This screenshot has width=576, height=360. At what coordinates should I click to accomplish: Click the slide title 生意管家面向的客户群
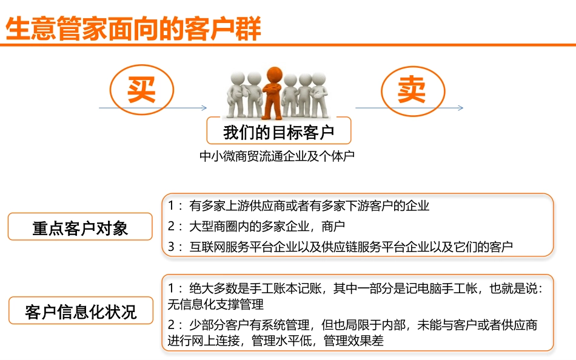point(133,29)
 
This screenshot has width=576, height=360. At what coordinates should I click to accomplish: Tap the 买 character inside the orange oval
point(141,90)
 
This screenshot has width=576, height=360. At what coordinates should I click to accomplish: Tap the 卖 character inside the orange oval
point(412,90)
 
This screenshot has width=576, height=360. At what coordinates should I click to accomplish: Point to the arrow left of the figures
point(153,108)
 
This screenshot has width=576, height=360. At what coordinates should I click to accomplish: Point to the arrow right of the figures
point(409,108)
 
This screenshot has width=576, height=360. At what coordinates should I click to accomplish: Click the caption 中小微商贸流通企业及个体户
point(276,156)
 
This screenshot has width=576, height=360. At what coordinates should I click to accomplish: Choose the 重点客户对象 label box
point(80,227)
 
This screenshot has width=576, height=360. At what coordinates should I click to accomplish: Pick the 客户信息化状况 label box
point(81,312)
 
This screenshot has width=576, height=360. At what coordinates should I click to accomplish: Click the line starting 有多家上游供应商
point(309,205)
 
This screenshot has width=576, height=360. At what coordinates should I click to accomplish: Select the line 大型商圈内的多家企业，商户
point(267,226)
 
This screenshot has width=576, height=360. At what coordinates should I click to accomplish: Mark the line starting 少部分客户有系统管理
point(363,325)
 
